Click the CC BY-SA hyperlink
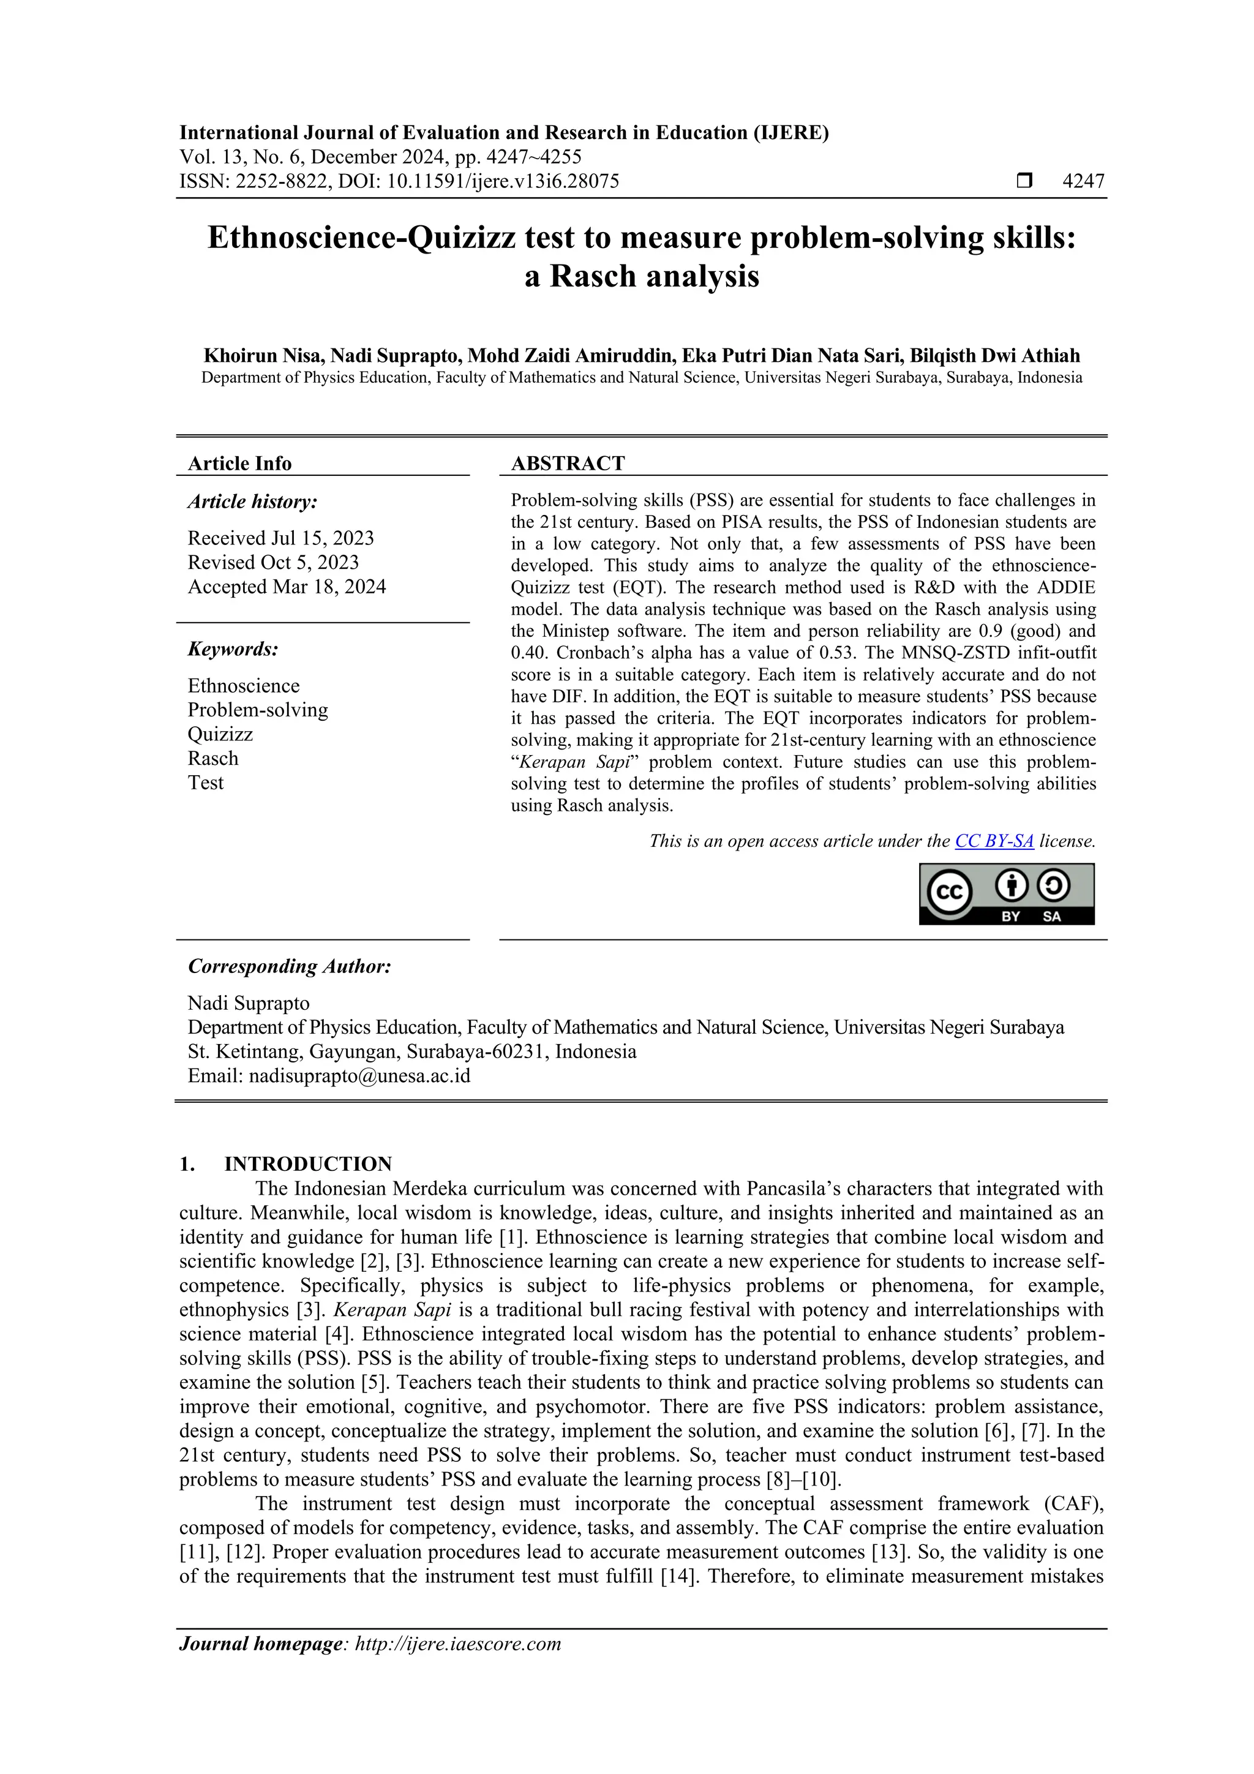click(x=994, y=841)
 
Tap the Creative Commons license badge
click(x=1006, y=894)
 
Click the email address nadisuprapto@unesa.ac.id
click(x=359, y=1075)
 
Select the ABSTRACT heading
click(x=567, y=464)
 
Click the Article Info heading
click(x=239, y=464)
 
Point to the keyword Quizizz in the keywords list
click(x=220, y=734)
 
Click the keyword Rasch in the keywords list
click(x=212, y=758)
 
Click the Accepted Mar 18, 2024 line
click(x=287, y=587)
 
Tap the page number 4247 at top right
click(x=1083, y=182)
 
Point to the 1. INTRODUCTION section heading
click(x=307, y=1163)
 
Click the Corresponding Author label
click(x=289, y=966)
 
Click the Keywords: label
click(x=233, y=649)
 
